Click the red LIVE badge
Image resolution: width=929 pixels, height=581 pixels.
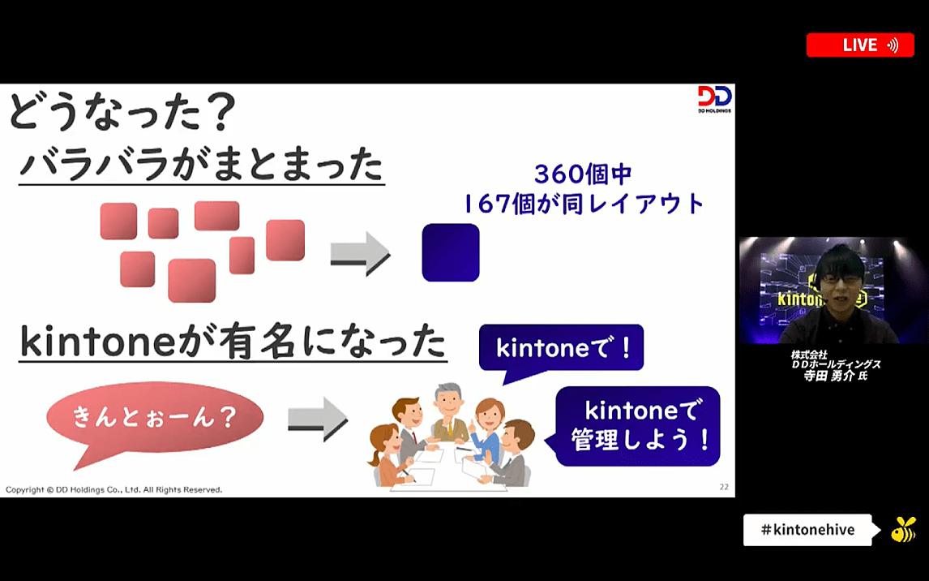pos(860,45)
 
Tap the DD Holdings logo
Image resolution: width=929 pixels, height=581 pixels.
pos(714,99)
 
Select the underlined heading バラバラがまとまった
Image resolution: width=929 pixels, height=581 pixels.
pos(201,165)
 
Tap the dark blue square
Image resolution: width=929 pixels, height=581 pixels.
pos(451,252)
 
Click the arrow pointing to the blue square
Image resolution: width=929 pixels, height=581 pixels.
pos(360,253)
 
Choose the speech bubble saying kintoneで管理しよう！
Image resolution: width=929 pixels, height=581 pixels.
pos(637,425)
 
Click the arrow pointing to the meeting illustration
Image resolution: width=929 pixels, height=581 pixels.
pos(318,419)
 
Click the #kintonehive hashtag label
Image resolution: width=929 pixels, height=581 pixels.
pos(807,530)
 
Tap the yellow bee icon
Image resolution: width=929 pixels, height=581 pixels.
pos(903,529)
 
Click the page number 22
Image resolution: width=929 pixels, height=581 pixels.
pos(724,487)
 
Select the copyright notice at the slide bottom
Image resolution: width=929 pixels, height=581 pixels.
pos(114,490)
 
